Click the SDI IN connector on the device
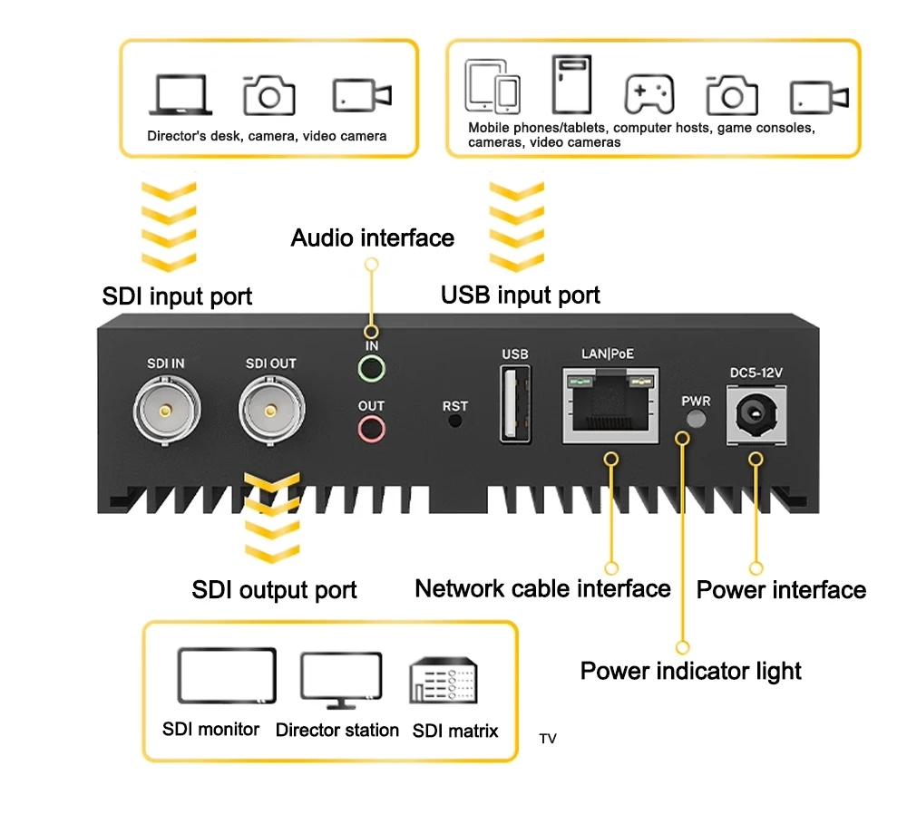click(164, 410)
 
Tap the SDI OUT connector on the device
click(269, 410)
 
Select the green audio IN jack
click(371, 368)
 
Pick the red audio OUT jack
click(371, 428)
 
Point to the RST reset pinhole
click(455, 421)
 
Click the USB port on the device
click(514, 404)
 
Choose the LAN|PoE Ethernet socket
click(609, 403)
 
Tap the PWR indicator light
click(696, 418)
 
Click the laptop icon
click(180, 93)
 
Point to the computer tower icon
click(571, 84)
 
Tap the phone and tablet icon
click(493, 87)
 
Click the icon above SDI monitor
click(227, 676)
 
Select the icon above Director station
click(340, 680)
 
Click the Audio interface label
click(372, 238)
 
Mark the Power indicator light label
click(690, 672)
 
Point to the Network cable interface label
click(542, 589)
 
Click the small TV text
click(548, 740)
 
